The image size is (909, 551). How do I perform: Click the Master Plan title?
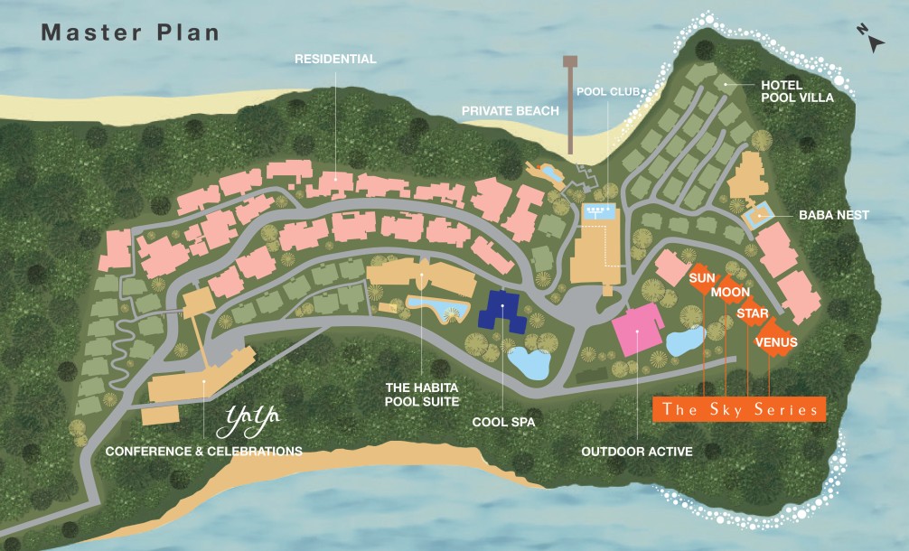pyautogui.click(x=130, y=32)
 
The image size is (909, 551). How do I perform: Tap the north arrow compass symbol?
pyautogui.click(x=871, y=41)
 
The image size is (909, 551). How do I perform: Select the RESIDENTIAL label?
pyautogui.click(x=335, y=59)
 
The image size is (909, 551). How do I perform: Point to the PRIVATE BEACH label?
pyautogui.click(x=510, y=110)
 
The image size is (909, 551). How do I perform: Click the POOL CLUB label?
pyautogui.click(x=608, y=91)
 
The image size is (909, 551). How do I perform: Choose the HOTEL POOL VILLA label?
pyautogui.click(x=794, y=91)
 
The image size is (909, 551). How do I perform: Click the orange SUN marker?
pyautogui.click(x=702, y=278)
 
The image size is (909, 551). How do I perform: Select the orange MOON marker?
pyautogui.click(x=729, y=293)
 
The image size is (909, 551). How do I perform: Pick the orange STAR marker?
pyautogui.click(x=752, y=313)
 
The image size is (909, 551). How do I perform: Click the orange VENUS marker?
pyautogui.click(x=775, y=342)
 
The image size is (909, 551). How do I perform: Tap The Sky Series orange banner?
pyautogui.click(x=739, y=409)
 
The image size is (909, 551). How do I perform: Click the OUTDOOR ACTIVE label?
pyautogui.click(x=637, y=451)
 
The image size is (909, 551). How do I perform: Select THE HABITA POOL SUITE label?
pyautogui.click(x=423, y=394)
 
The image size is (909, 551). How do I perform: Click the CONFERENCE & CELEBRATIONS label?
pyautogui.click(x=204, y=451)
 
